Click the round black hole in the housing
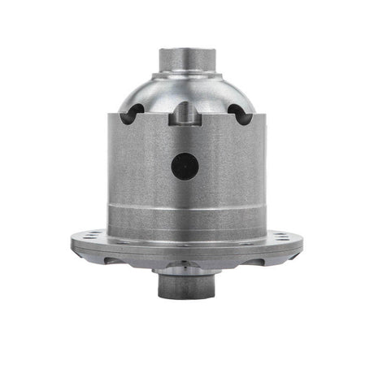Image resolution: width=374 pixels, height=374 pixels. coord(185,167)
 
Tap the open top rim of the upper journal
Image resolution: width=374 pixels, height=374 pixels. coord(186,50)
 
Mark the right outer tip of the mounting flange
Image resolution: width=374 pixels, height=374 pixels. coord(302,242)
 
